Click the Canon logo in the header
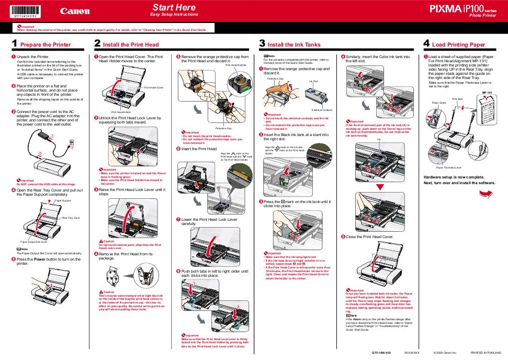coord(74,11)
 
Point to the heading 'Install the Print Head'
coord(131,45)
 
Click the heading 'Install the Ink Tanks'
coord(294,45)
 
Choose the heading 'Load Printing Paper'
coord(459,45)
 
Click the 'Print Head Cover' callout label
coord(154,87)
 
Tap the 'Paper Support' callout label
coord(63,200)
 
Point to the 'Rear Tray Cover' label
coord(71,217)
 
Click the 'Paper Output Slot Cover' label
coord(34,242)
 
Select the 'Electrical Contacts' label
coord(322,110)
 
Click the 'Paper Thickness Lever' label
coord(448,167)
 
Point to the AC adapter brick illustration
coord(43,135)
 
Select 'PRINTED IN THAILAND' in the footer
coord(486,353)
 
